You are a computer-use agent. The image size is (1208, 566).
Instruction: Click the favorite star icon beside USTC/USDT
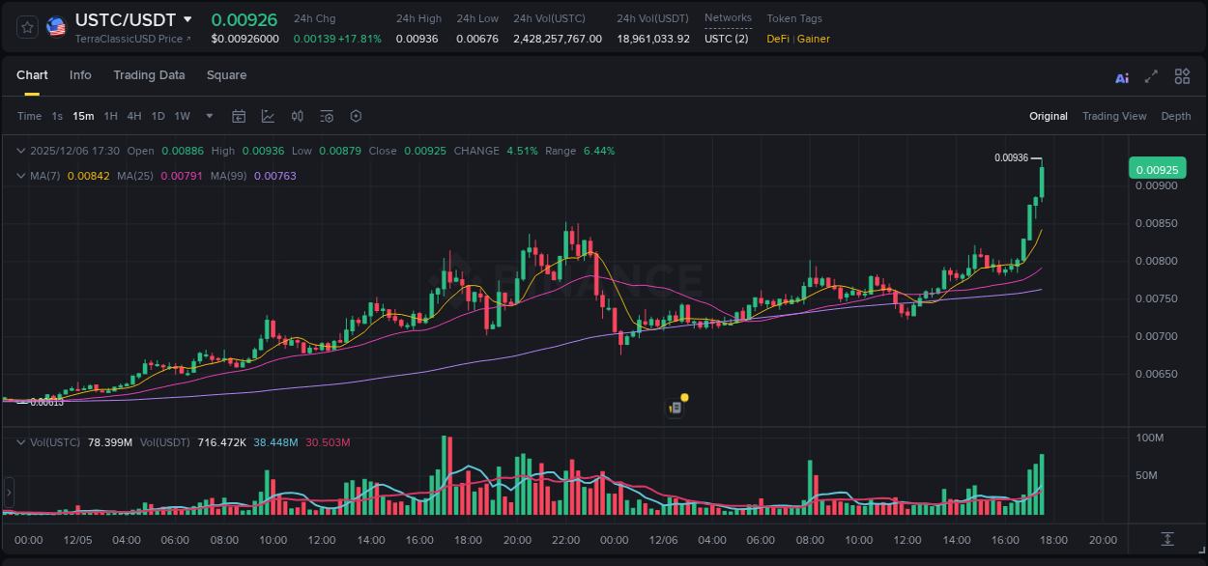tap(28, 27)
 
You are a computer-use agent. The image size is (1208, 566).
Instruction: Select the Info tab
tap(80, 75)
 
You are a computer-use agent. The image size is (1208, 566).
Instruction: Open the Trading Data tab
tap(149, 75)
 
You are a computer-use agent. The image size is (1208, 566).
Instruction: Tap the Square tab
tap(226, 75)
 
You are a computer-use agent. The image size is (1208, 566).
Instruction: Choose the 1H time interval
tap(110, 116)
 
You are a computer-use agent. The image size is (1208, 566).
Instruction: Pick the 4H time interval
tap(133, 116)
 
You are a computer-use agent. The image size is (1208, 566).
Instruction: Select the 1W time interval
tap(182, 116)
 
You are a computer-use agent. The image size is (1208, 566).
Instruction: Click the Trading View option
tap(1114, 116)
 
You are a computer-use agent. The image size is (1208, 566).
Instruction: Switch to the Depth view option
tap(1176, 116)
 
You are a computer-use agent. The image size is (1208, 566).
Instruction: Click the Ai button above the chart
tap(1122, 78)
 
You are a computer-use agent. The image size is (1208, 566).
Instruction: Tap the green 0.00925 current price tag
tap(1157, 170)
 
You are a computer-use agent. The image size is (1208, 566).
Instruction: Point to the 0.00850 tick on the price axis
tap(1156, 224)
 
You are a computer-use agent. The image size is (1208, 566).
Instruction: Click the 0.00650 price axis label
tap(1156, 374)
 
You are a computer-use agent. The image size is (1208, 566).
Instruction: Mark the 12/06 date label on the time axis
tap(663, 540)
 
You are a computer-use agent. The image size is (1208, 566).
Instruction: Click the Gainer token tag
tap(814, 39)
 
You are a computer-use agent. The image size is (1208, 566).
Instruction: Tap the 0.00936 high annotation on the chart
tap(1011, 157)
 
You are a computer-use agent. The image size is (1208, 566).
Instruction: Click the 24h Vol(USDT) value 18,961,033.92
tap(653, 39)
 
